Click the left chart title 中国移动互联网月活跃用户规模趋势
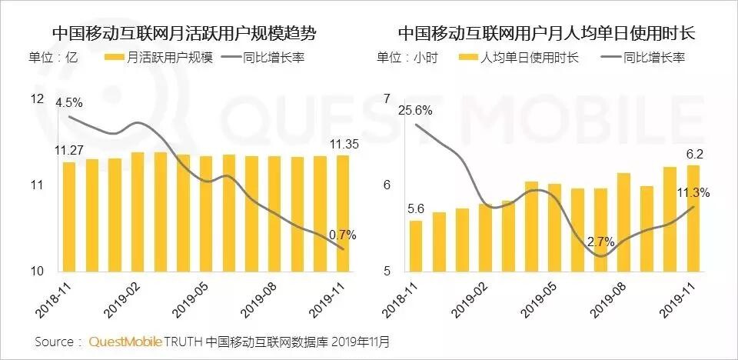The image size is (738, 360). click(x=184, y=34)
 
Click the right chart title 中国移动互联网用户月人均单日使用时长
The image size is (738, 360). click(x=546, y=34)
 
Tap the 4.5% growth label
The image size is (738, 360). click(x=69, y=102)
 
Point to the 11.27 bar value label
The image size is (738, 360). click(x=68, y=151)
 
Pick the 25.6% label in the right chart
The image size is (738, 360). click(x=415, y=110)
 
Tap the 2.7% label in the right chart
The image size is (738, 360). click(x=600, y=242)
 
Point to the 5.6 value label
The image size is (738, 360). click(x=416, y=208)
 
